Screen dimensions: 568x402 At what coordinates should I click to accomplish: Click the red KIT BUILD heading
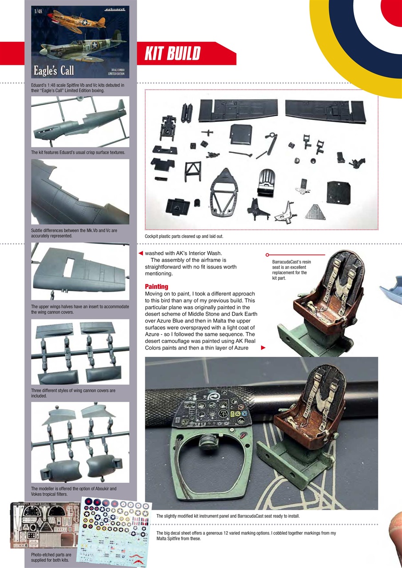coord(172,54)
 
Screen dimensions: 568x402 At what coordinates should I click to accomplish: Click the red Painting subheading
coord(156,287)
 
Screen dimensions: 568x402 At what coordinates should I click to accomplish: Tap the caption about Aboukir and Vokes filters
coord(73,491)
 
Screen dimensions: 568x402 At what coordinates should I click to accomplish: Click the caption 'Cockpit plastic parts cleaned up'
coord(184,237)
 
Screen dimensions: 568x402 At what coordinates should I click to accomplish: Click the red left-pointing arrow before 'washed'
coord(140,253)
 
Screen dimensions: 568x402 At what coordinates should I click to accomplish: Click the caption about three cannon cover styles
coord(73,393)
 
